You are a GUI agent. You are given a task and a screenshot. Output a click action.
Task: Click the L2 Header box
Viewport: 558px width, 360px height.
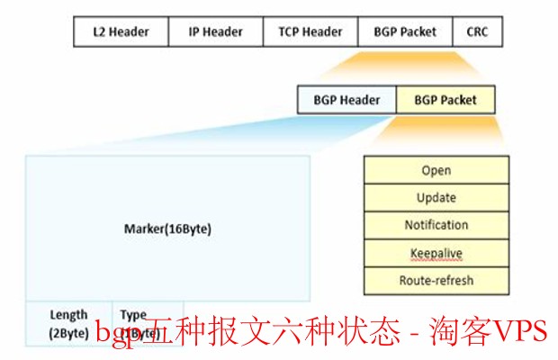[120, 31]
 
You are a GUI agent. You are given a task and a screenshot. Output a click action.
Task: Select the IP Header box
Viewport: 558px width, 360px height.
[215, 31]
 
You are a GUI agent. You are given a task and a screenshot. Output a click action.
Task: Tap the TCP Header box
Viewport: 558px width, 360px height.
[310, 31]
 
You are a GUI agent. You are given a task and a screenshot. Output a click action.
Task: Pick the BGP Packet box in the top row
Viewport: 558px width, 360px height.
[405, 31]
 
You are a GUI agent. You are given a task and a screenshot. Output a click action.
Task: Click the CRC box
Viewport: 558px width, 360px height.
[477, 31]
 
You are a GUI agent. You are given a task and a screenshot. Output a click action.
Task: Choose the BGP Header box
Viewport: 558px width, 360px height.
[346, 100]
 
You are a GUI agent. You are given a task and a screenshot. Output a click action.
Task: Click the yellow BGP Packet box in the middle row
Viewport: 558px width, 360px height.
[445, 100]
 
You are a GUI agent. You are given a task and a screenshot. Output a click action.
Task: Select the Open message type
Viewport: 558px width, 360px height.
[436, 170]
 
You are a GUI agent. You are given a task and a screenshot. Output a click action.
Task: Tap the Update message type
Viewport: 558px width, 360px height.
[436, 198]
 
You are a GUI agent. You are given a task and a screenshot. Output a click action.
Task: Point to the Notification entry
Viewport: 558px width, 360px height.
[436, 225]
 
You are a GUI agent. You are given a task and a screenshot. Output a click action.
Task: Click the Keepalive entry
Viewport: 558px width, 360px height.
[436, 253]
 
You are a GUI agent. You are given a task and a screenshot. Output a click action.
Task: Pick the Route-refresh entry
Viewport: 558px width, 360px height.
[436, 281]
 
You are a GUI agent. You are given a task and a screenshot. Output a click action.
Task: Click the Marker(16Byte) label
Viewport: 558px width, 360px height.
[167, 229]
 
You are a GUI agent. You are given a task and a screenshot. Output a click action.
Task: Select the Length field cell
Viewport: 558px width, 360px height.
[68, 323]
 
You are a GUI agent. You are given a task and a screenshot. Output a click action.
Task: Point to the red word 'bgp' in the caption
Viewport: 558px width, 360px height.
[113, 336]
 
